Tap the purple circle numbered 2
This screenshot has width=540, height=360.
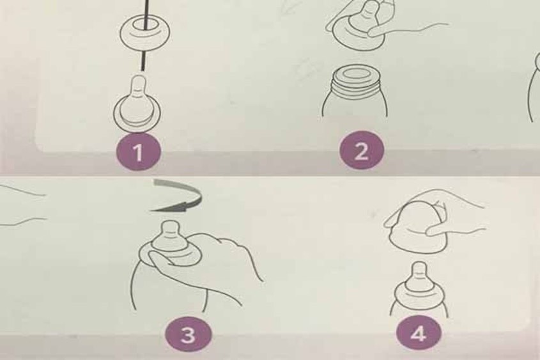click(362, 153)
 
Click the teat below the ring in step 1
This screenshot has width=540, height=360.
click(137, 102)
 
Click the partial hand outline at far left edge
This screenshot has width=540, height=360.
click(19, 205)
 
